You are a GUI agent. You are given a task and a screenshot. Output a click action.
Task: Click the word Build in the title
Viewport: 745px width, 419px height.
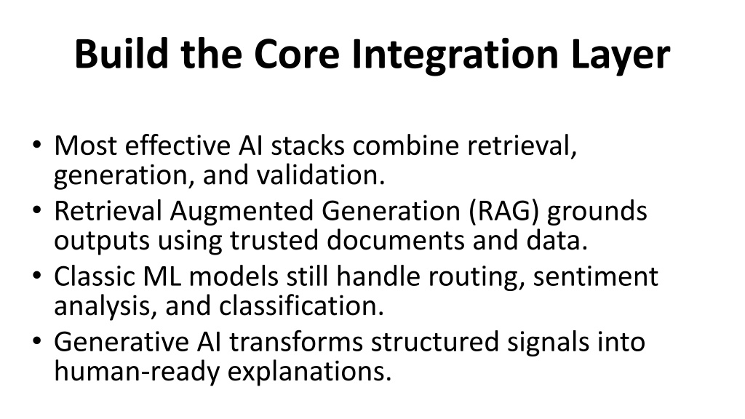coord(121,53)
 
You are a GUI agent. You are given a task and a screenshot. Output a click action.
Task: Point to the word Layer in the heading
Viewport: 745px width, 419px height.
coord(620,56)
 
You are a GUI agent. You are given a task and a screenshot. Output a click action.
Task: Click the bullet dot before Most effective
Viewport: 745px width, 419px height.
coord(37,144)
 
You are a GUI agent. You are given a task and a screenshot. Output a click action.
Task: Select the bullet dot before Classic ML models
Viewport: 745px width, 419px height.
coord(37,275)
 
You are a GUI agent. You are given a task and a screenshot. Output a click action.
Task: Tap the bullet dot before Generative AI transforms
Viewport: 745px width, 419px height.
coord(37,340)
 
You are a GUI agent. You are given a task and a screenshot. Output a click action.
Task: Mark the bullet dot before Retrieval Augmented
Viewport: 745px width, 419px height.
coord(37,209)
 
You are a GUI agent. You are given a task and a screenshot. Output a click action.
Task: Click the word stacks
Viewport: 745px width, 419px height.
coord(308,145)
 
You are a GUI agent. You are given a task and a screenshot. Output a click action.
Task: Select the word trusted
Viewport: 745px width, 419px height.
coord(274,240)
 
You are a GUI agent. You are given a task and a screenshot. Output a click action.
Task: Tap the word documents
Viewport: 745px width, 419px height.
coord(395,240)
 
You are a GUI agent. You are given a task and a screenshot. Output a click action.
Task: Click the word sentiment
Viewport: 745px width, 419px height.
coord(596,276)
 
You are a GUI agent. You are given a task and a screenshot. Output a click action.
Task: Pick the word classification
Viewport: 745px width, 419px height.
coord(301,306)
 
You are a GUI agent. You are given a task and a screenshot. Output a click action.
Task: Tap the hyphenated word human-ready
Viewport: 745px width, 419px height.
coord(137,372)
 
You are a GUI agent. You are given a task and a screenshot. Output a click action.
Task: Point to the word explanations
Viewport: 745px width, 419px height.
coord(309,372)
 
